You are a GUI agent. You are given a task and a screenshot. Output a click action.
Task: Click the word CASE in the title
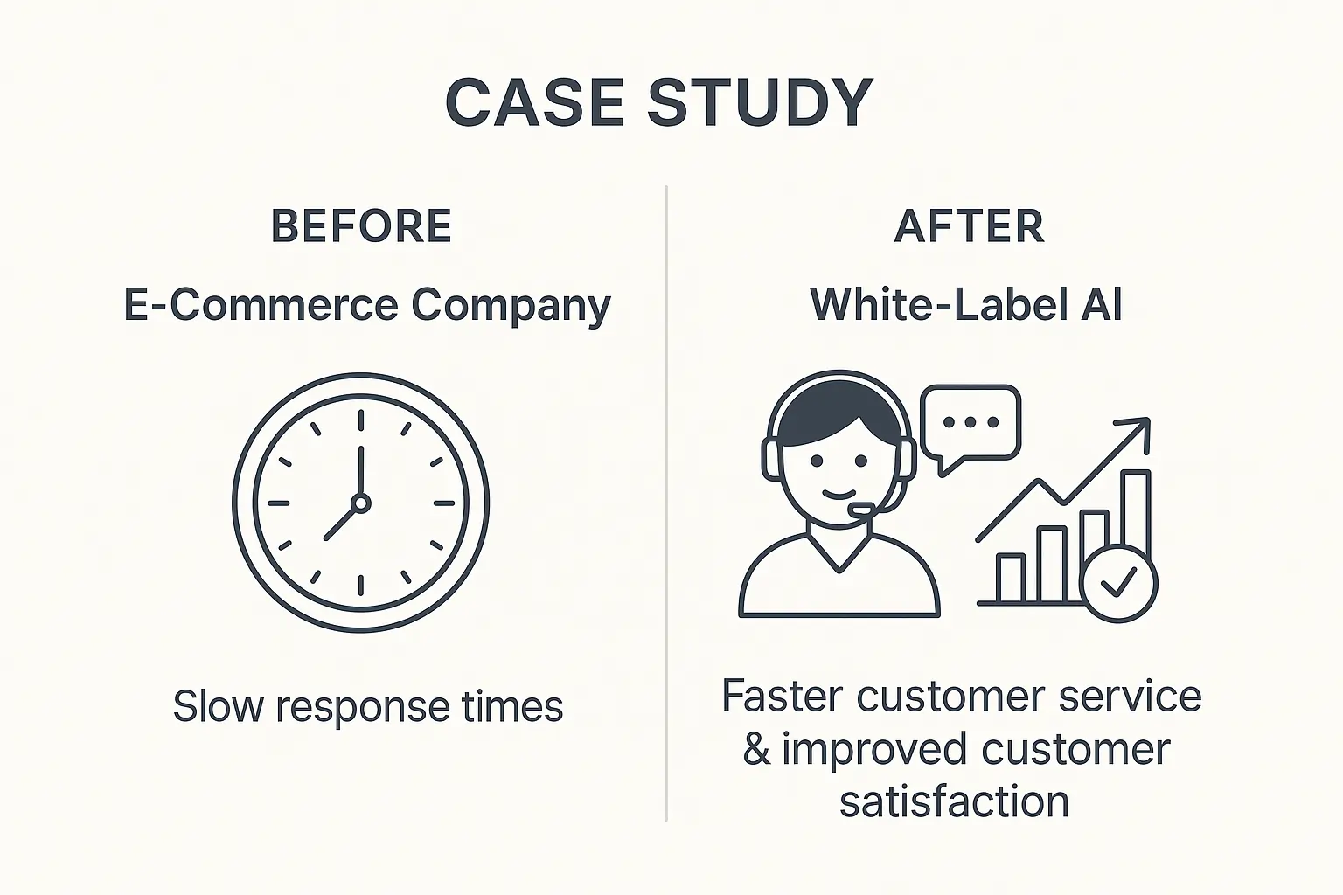tap(535, 102)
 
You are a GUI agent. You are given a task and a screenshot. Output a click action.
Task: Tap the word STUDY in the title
tap(760, 102)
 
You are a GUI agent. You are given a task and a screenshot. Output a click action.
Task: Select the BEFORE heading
tap(361, 226)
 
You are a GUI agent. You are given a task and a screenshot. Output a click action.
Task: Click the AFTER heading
tap(970, 226)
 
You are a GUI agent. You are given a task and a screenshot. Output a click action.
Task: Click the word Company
tap(511, 307)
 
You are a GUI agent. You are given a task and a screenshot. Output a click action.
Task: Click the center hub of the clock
tap(361, 503)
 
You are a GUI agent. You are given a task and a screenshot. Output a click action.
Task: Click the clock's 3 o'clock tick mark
tap(443, 503)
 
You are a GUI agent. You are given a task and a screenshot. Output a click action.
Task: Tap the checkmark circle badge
tap(1119, 584)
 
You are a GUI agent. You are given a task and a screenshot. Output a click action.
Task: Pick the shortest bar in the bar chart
tap(1010, 579)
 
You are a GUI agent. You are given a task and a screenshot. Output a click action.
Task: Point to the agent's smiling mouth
tap(839, 495)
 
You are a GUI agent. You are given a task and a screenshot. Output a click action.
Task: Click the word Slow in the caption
tap(219, 705)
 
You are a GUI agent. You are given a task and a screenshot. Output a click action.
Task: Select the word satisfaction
tap(955, 801)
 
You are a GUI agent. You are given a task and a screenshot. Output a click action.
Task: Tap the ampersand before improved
tap(756, 749)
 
